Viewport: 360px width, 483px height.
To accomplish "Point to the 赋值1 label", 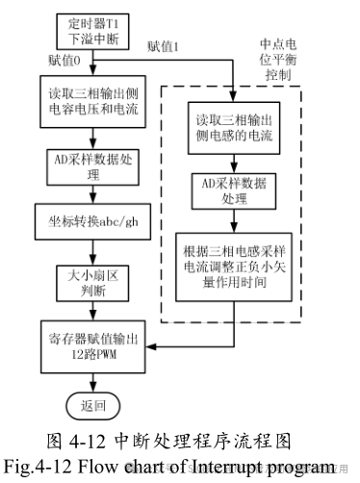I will pyautogui.click(x=164, y=45).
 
